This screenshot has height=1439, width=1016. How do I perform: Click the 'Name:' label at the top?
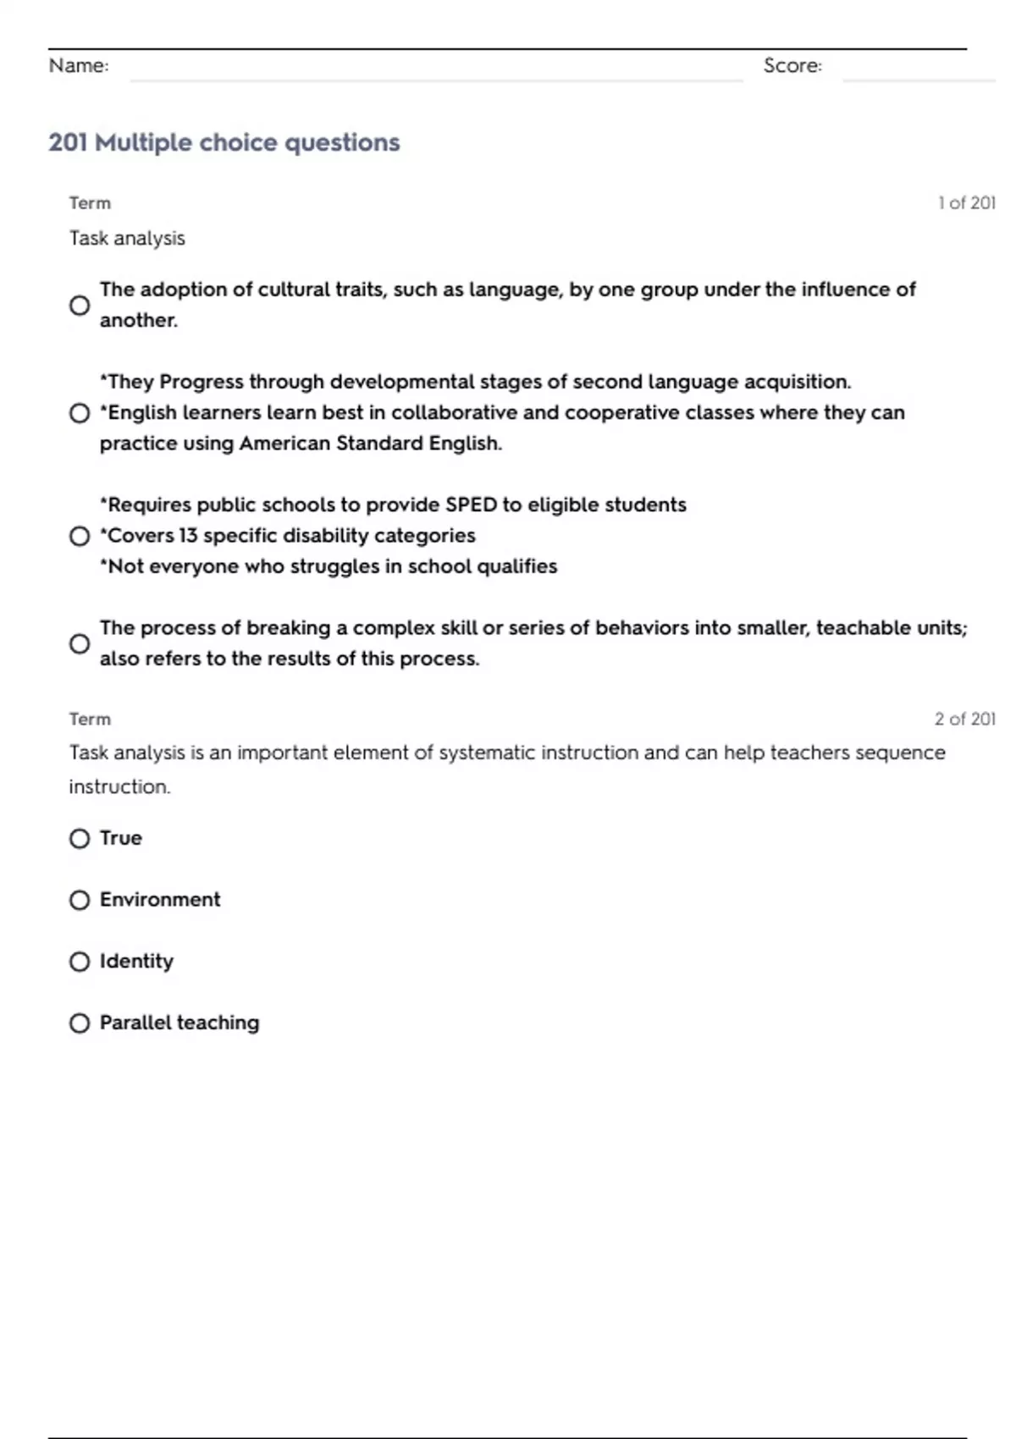(79, 66)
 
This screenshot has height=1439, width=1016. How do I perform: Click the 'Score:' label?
(792, 66)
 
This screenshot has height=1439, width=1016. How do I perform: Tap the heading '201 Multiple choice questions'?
(224, 142)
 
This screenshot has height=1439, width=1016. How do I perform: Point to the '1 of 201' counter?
(966, 203)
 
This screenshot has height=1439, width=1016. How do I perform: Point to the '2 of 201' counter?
(964, 719)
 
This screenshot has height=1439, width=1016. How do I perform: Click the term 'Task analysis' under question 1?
(127, 238)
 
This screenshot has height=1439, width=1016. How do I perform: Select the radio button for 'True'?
(80, 839)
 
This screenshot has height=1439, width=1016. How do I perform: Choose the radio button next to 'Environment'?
(80, 900)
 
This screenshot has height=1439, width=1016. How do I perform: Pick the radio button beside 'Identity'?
(80, 962)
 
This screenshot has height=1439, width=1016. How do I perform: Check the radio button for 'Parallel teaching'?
(80, 1023)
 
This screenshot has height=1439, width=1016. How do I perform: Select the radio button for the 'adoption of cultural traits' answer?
(80, 306)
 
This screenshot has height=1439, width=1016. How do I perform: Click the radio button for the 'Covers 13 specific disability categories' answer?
(80, 536)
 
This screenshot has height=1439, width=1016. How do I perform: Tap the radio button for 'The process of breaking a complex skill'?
(80, 644)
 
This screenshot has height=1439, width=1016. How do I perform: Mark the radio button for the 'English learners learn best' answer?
(80, 413)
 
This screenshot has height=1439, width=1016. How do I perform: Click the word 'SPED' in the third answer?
(471, 505)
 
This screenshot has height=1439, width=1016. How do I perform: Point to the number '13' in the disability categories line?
(188, 536)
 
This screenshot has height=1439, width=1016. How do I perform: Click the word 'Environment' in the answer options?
(160, 900)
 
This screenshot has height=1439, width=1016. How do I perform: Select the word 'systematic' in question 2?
(487, 753)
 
